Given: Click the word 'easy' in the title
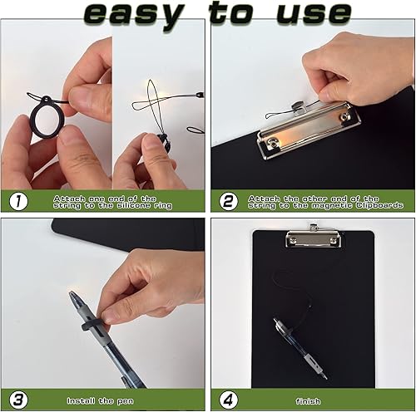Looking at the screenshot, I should [x=132, y=13].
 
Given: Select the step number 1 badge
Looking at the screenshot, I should [x=18, y=200].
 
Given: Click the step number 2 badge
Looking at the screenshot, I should [x=230, y=200].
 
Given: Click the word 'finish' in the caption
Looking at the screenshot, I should [x=307, y=400].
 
